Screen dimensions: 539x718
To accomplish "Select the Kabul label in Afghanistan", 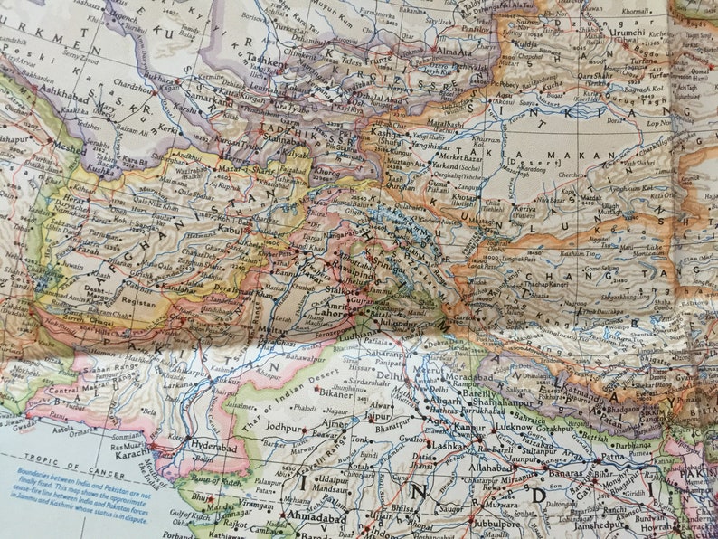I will (228, 230).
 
